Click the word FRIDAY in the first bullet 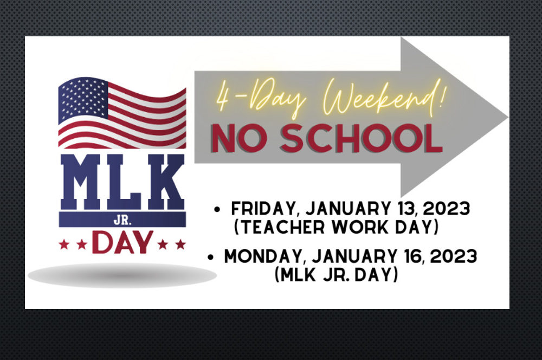coord(263,209)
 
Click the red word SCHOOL coord(361,138)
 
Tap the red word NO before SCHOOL coord(239,138)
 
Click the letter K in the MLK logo coord(166,182)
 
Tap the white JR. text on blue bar coord(122,220)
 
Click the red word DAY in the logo coord(122,242)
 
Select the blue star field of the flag coord(83,99)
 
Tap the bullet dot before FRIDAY coord(217,209)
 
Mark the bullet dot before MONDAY coord(210,257)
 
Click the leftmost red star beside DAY coord(64,245)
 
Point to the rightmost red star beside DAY coord(180,245)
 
